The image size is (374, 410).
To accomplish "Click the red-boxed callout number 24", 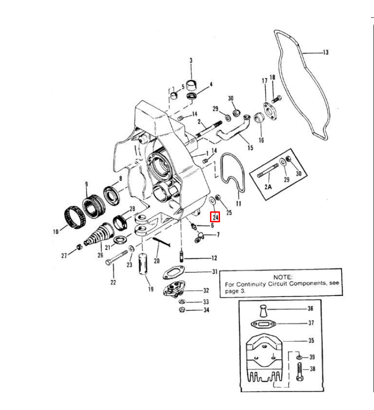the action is [215, 217].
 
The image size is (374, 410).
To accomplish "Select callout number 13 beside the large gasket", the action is [325, 53].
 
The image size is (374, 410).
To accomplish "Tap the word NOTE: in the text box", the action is [283, 277].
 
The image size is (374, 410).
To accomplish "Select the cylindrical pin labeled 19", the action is [145, 264].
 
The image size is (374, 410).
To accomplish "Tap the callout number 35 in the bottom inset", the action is [311, 341].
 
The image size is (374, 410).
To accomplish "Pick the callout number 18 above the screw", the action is [272, 77].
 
